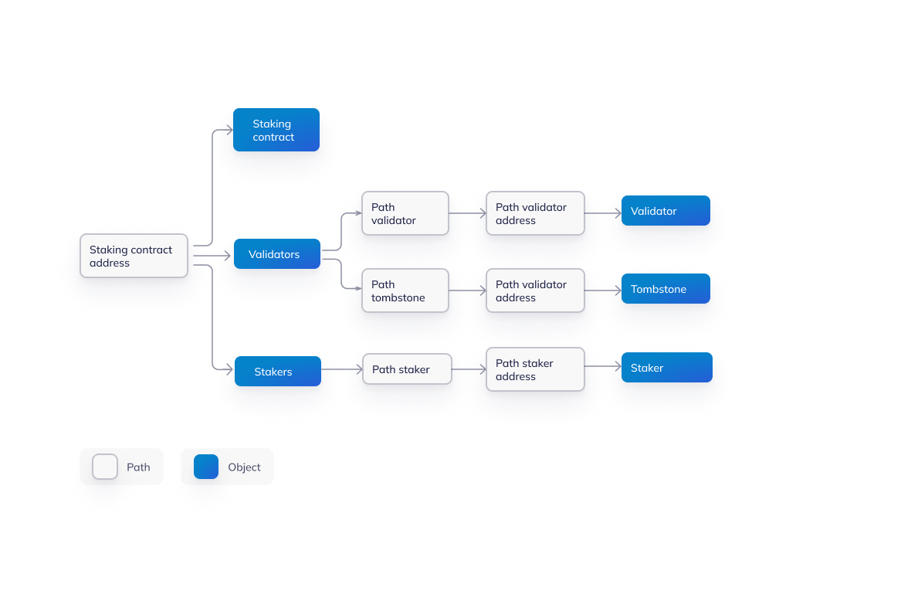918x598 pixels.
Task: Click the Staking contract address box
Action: click(134, 256)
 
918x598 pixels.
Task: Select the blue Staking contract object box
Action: click(276, 130)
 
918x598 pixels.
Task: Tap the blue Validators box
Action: click(276, 254)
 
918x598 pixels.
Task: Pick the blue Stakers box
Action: click(276, 372)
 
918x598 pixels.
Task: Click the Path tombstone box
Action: click(405, 291)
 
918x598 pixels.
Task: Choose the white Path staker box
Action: click(407, 369)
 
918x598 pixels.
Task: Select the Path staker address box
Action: click(534, 369)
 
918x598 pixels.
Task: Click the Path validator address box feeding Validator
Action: click(534, 213)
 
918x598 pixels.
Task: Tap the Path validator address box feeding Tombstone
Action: click(534, 291)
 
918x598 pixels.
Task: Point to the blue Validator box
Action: click(665, 211)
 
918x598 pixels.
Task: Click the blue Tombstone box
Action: click(665, 289)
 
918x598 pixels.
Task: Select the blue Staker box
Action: click(666, 368)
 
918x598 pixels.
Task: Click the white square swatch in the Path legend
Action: click(105, 467)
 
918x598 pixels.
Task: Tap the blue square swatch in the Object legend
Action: click(206, 467)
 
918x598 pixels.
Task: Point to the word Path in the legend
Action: click(138, 467)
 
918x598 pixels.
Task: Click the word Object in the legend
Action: click(244, 467)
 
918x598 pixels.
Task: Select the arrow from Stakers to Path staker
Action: click(341, 370)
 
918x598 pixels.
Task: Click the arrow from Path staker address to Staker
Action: click(603, 369)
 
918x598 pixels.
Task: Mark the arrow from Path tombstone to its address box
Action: click(467, 291)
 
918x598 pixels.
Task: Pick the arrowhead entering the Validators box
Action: click(227, 254)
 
